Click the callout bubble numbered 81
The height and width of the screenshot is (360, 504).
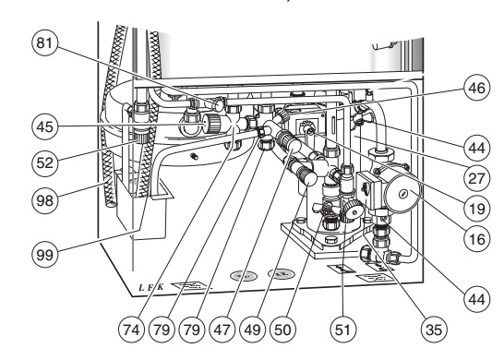coord(44,42)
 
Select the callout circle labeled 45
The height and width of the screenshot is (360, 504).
coord(44,126)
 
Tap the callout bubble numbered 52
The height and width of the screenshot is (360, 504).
coord(44,163)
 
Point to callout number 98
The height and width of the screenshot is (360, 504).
coord(44,200)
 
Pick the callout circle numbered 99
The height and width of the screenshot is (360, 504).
coord(44,255)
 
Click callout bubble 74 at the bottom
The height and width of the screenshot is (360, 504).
coord(131,330)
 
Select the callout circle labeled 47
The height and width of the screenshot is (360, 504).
coord(222,330)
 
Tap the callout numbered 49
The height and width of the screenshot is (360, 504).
coord(252,330)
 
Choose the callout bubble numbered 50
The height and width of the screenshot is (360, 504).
coord(282,330)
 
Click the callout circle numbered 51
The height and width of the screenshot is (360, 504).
coord(342,330)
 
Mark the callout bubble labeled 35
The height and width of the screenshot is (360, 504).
coord(434,330)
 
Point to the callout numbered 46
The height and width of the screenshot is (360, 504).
coord(476,88)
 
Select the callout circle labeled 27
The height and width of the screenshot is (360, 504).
coord(476,178)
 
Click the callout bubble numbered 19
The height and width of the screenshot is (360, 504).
coord(476,209)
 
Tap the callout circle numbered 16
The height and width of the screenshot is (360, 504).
coord(476,239)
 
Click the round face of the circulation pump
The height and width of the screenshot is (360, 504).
coord(402,194)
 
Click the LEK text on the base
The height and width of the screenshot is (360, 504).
coord(150,287)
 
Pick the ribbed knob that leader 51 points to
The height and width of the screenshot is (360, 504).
coord(352,210)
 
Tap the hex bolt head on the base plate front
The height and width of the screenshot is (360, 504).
coord(330,240)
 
